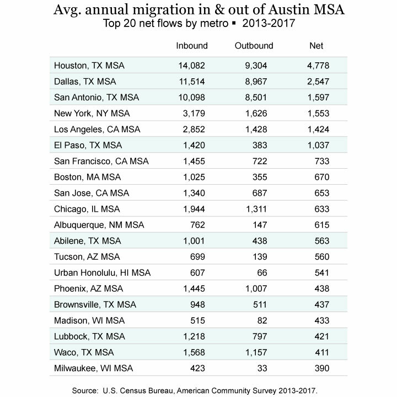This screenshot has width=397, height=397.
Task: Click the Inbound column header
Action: pyautogui.click(x=192, y=46)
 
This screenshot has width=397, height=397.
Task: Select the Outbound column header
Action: pyautogui.click(x=254, y=46)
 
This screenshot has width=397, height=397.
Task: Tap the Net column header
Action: pyautogui.click(x=316, y=46)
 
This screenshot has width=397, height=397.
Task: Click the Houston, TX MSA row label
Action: pyautogui.click(x=89, y=66)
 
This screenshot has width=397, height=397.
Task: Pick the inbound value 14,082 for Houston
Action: pyautogui.click(x=191, y=66)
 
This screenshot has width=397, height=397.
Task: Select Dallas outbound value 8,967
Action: pyautogui.click(x=256, y=82)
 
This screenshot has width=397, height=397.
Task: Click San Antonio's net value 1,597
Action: pyautogui.click(x=318, y=98)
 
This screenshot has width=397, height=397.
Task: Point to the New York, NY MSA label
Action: pyautogui.click(x=92, y=114)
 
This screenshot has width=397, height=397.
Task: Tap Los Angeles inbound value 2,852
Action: pyautogui.click(x=194, y=130)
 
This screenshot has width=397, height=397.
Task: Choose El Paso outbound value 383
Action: pyautogui.click(x=260, y=146)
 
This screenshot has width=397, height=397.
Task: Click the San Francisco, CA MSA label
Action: pyautogui.click(x=101, y=161)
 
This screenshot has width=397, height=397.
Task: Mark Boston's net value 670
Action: pyautogui.click(x=322, y=177)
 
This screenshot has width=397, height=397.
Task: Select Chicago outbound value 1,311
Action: pyautogui.click(x=256, y=209)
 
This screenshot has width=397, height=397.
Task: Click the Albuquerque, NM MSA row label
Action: pyautogui.click(x=99, y=225)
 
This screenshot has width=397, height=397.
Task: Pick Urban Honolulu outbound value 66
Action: pyautogui.click(x=262, y=273)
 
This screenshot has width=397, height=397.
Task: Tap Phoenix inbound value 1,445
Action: pyautogui.click(x=194, y=288)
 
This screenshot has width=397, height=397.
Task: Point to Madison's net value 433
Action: pyautogui.click(x=322, y=320)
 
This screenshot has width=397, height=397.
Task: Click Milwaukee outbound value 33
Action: pyautogui.click(x=262, y=368)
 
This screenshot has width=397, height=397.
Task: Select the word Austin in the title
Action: pyautogui.click(x=289, y=10)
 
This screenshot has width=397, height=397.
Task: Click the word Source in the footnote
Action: pyautogui.click(x=85, y=391)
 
